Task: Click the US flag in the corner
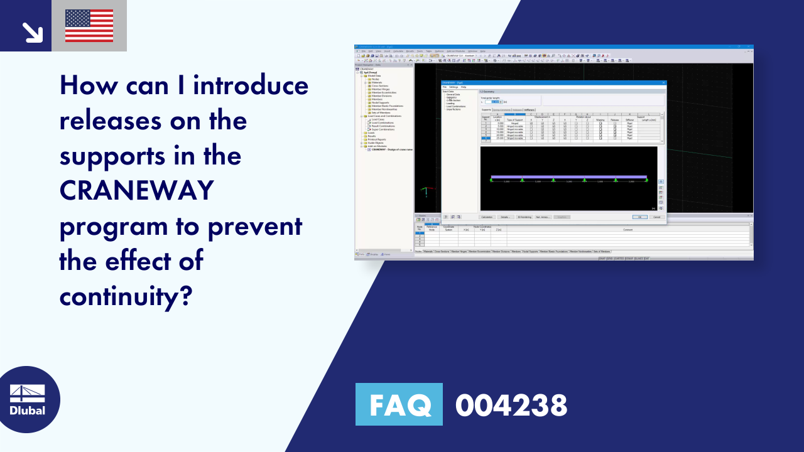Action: [x=89, y=26]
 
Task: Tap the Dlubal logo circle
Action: [x=28, y=399]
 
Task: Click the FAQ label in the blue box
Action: [x=398, y=404]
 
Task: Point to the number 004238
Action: [x=511, y=405]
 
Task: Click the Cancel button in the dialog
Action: [x=656, y=217]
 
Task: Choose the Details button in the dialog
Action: [x=506, y=217]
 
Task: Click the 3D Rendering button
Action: [x=524, y=217]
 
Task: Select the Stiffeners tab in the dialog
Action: [x=529, y=110]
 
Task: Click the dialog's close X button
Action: [x=663, y=82]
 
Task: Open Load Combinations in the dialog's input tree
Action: [x=457, y=106]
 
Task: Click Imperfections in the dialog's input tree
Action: [x=454, y=109]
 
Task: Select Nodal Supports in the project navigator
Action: [x=380, y=102]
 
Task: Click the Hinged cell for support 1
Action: [x=514, y=124]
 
